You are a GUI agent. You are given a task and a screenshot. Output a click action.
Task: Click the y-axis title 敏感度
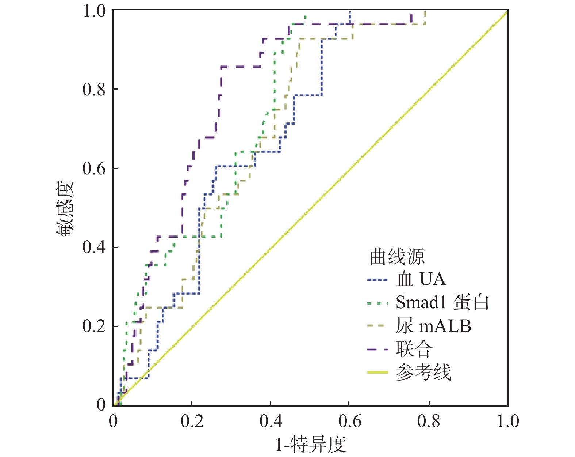tap(65, 208)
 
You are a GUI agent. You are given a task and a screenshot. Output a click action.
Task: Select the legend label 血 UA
tap(421, 279)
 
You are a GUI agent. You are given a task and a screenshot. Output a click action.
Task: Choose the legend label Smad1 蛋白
tap(442, 302)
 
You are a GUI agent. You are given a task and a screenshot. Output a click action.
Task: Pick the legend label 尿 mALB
tap(433, 326)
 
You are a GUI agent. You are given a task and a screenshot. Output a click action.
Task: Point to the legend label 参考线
tap(423, 372)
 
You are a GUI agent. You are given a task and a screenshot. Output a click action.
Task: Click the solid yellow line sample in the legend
tap(377, 372)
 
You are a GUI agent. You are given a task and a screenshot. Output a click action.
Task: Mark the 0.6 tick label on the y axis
tap(94, 169)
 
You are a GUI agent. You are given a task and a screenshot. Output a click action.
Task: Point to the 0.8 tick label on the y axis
tap(94, 89)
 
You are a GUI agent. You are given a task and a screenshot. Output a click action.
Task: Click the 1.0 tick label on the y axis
tap(94, 11)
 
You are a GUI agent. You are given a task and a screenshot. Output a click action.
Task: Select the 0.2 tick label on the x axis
tap(192, 421)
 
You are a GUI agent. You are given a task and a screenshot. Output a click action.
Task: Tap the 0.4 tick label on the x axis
tap(271, 421)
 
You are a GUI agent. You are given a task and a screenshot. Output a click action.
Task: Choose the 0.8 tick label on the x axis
tap(429, 421)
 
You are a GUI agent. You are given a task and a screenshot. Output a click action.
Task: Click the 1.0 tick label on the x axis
tap(507, 421)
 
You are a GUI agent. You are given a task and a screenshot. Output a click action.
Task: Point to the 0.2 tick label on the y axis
tap(94, 326)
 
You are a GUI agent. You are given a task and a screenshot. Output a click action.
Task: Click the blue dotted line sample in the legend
tap(377, 280)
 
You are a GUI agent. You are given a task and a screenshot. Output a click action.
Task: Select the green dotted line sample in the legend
tap(377, 303)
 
